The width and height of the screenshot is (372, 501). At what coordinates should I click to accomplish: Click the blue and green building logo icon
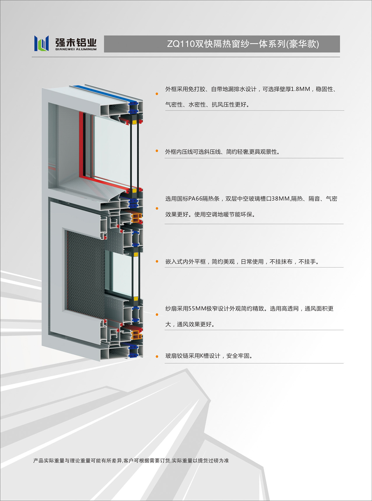41,43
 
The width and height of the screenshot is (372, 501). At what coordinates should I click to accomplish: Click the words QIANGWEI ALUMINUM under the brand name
76,49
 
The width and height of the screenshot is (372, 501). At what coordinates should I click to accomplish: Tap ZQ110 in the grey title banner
181,44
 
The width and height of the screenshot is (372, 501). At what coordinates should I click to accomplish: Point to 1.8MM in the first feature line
300,89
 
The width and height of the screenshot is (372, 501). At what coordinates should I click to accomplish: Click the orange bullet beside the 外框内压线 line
157,151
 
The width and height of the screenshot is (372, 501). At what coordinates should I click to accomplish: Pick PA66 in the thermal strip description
195,199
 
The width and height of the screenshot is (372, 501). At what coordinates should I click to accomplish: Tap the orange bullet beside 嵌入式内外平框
157,261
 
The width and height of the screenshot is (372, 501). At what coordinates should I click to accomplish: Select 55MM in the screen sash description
198,309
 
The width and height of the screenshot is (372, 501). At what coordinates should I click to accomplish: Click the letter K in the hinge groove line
202,356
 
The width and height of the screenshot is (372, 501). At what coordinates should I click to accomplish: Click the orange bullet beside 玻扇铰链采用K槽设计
157,357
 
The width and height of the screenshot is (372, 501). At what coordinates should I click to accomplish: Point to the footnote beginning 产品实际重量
131,460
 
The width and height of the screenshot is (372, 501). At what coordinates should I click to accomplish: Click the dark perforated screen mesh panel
85,274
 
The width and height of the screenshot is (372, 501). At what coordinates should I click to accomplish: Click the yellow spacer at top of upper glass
134,122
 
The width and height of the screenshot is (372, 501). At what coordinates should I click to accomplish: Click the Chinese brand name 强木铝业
76,42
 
